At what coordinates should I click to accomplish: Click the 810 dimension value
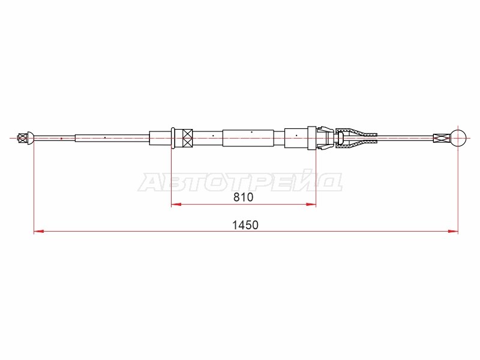coord(244,197)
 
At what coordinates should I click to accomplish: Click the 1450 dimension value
coord(245,226)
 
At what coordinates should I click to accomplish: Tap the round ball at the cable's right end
coord(458,138)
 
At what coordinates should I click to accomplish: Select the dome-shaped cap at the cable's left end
coord(31,138)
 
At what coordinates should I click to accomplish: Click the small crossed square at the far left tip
coord(23,138)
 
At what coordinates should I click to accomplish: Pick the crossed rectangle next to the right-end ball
coord(442,138)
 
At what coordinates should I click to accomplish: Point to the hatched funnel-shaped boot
coord(356,138)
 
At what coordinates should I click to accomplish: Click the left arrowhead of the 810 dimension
coord(176,204)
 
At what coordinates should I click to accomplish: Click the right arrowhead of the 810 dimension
coord(311,204)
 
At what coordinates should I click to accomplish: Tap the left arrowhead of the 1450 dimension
coord(39,232)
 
